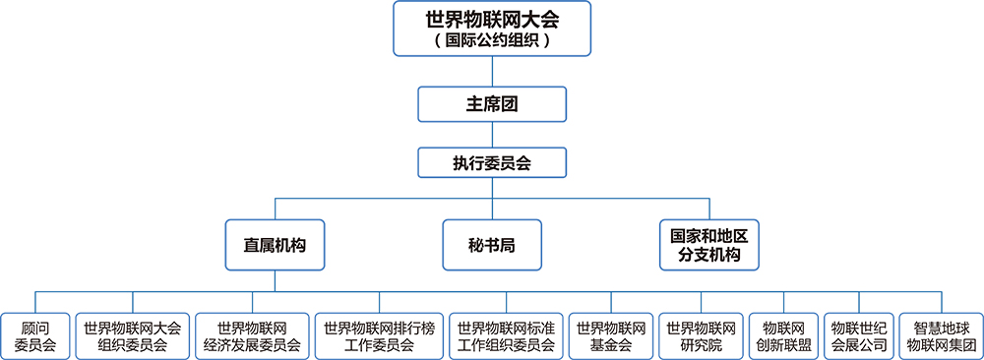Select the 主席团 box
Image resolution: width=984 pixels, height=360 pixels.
(x=492, y=103)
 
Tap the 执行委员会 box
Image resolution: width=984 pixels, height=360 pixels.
(x=492, y=162)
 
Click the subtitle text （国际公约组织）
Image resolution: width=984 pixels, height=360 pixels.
(x=492, y=42)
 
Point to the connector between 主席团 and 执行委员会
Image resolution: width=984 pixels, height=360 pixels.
(x=492, y=136)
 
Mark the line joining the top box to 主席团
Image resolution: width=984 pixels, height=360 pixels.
(x=492, y=72)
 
